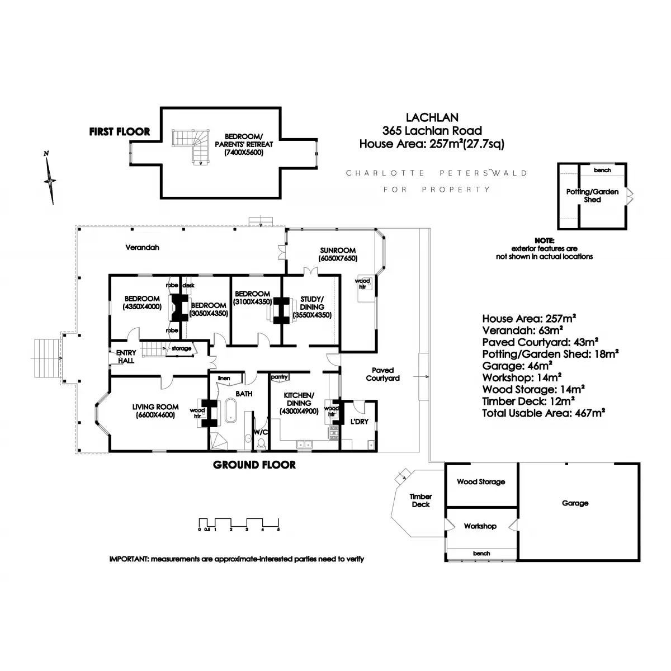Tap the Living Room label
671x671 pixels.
[155, 407]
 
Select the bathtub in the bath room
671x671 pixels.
[230, 410]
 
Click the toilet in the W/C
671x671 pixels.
[261, 444]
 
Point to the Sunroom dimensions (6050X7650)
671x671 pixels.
[338, 258]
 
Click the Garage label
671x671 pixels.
[575, 503]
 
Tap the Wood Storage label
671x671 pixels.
[481, 482]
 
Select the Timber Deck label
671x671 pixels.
[420, 500]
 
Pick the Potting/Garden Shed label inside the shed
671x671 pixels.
[592, 196]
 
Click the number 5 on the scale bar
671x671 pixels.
[278, 530]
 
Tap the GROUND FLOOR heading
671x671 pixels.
[254, 465]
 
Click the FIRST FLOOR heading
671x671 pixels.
[120, 131]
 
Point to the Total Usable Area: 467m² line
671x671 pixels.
[544, 413]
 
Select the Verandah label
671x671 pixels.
[142, 248]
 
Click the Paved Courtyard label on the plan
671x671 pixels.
[382, 374]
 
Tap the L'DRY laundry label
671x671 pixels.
[360, 422]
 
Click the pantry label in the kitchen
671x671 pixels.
[279, 377]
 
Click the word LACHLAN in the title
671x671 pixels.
[432, 117]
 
